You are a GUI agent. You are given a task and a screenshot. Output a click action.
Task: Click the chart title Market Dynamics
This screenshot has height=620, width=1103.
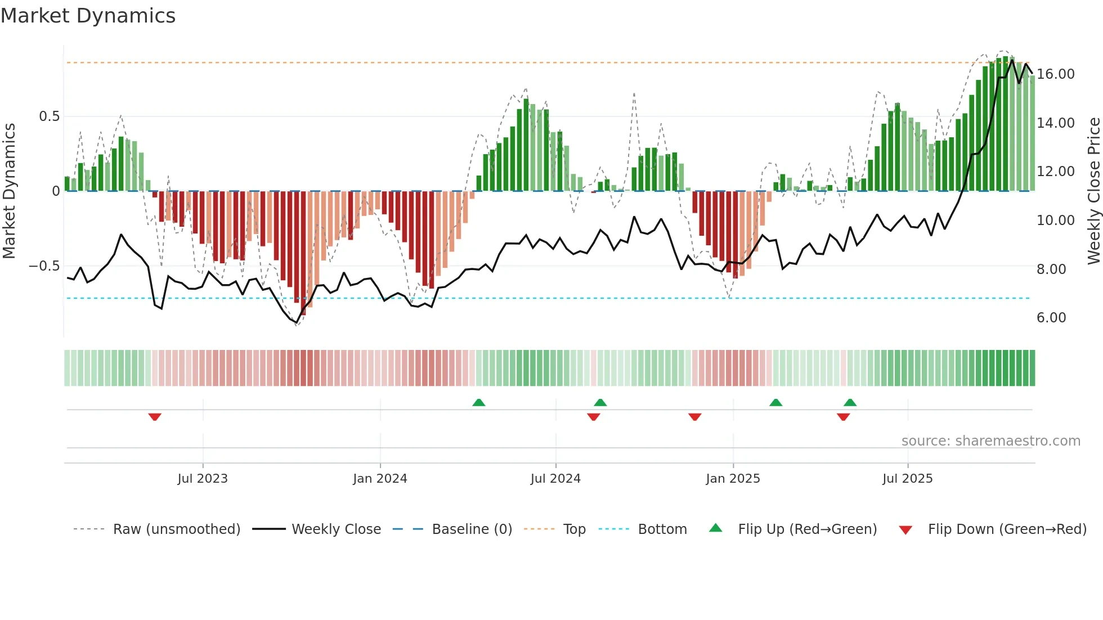(x=88, y=16)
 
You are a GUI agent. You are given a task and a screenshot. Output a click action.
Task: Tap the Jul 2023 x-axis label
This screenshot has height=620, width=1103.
(x=203, y=478)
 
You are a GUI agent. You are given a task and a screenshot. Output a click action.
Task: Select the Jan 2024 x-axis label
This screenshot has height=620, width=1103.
(x=380, y=478)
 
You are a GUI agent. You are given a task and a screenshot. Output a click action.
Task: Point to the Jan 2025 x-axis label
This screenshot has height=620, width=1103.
(x=733, y=478)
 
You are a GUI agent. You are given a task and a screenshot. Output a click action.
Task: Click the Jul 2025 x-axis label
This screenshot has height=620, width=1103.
(x=907, y=478)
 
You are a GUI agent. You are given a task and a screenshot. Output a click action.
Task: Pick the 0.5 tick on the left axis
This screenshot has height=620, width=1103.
(x=49, y=116)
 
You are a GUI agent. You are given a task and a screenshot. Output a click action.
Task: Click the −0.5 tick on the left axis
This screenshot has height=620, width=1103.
(x=44, y=266)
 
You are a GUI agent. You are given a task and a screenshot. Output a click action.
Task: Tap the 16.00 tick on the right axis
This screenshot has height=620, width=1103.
(x=1055, y=74)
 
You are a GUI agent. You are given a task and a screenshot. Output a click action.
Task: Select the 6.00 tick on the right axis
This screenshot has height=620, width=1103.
(x=1051, y=318)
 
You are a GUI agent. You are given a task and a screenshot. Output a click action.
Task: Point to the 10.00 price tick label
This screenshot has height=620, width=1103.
(x=1055, y=221)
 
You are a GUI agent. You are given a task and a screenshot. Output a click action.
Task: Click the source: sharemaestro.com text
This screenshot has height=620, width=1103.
(x=990, y=441)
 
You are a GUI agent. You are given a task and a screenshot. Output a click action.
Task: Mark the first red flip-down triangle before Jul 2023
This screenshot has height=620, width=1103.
(x=155, y=417)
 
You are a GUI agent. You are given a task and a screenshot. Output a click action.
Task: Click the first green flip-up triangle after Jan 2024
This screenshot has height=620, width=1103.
(x=478, y=402)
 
